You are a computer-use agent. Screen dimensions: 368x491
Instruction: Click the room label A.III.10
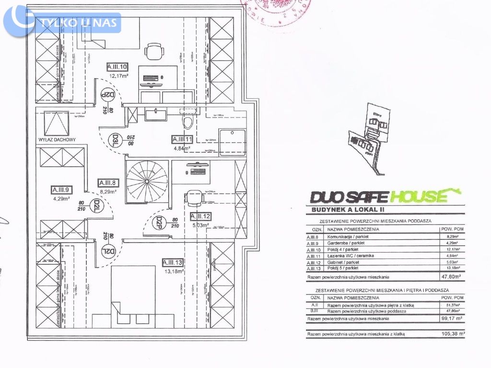117,68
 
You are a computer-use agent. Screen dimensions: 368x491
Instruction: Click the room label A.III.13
173,262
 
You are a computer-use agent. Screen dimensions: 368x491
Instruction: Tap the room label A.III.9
61,189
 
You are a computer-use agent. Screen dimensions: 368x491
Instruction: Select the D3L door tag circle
115,140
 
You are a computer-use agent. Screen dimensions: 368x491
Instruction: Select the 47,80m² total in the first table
451,277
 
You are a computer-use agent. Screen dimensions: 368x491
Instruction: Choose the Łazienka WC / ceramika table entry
351,256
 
